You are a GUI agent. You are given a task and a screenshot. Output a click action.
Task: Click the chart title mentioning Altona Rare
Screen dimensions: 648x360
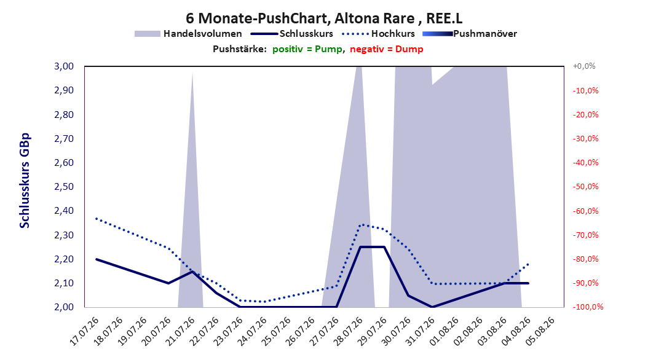point(324,18)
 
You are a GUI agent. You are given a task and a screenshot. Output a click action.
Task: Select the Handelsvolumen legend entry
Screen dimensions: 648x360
point(188,34)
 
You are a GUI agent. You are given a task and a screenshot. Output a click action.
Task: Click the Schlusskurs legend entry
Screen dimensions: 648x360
point(292,34)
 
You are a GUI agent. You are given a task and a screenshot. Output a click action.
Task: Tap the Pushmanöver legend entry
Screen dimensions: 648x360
point(470,34)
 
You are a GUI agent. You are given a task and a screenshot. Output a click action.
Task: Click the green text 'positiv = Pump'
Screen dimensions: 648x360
point(307,49)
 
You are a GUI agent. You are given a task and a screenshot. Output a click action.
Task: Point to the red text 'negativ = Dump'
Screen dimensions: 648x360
point(387,49)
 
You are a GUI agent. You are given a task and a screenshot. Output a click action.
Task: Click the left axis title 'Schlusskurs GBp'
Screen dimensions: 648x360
point(25,181)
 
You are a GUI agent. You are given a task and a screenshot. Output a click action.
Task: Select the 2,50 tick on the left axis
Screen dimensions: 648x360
point(64,187)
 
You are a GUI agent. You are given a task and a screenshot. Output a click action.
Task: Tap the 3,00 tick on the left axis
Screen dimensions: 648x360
point(64,66)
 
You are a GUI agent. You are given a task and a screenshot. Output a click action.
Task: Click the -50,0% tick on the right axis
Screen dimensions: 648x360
point(585,187)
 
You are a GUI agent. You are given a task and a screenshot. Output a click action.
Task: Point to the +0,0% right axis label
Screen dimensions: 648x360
point(584,66)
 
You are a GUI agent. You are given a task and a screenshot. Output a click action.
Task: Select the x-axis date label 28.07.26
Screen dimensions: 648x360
point(349,331)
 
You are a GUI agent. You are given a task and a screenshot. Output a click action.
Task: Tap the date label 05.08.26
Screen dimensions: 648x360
point(540,331)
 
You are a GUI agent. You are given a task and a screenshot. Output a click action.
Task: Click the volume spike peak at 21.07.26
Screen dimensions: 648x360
point(192,72)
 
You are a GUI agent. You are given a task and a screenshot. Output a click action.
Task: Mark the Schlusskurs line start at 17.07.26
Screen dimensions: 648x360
point(97,259)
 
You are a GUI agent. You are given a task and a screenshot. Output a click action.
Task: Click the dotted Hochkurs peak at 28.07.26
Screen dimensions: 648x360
point(361,225)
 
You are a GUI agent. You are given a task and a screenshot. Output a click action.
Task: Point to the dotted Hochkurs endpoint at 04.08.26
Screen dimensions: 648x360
point(529,264)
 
